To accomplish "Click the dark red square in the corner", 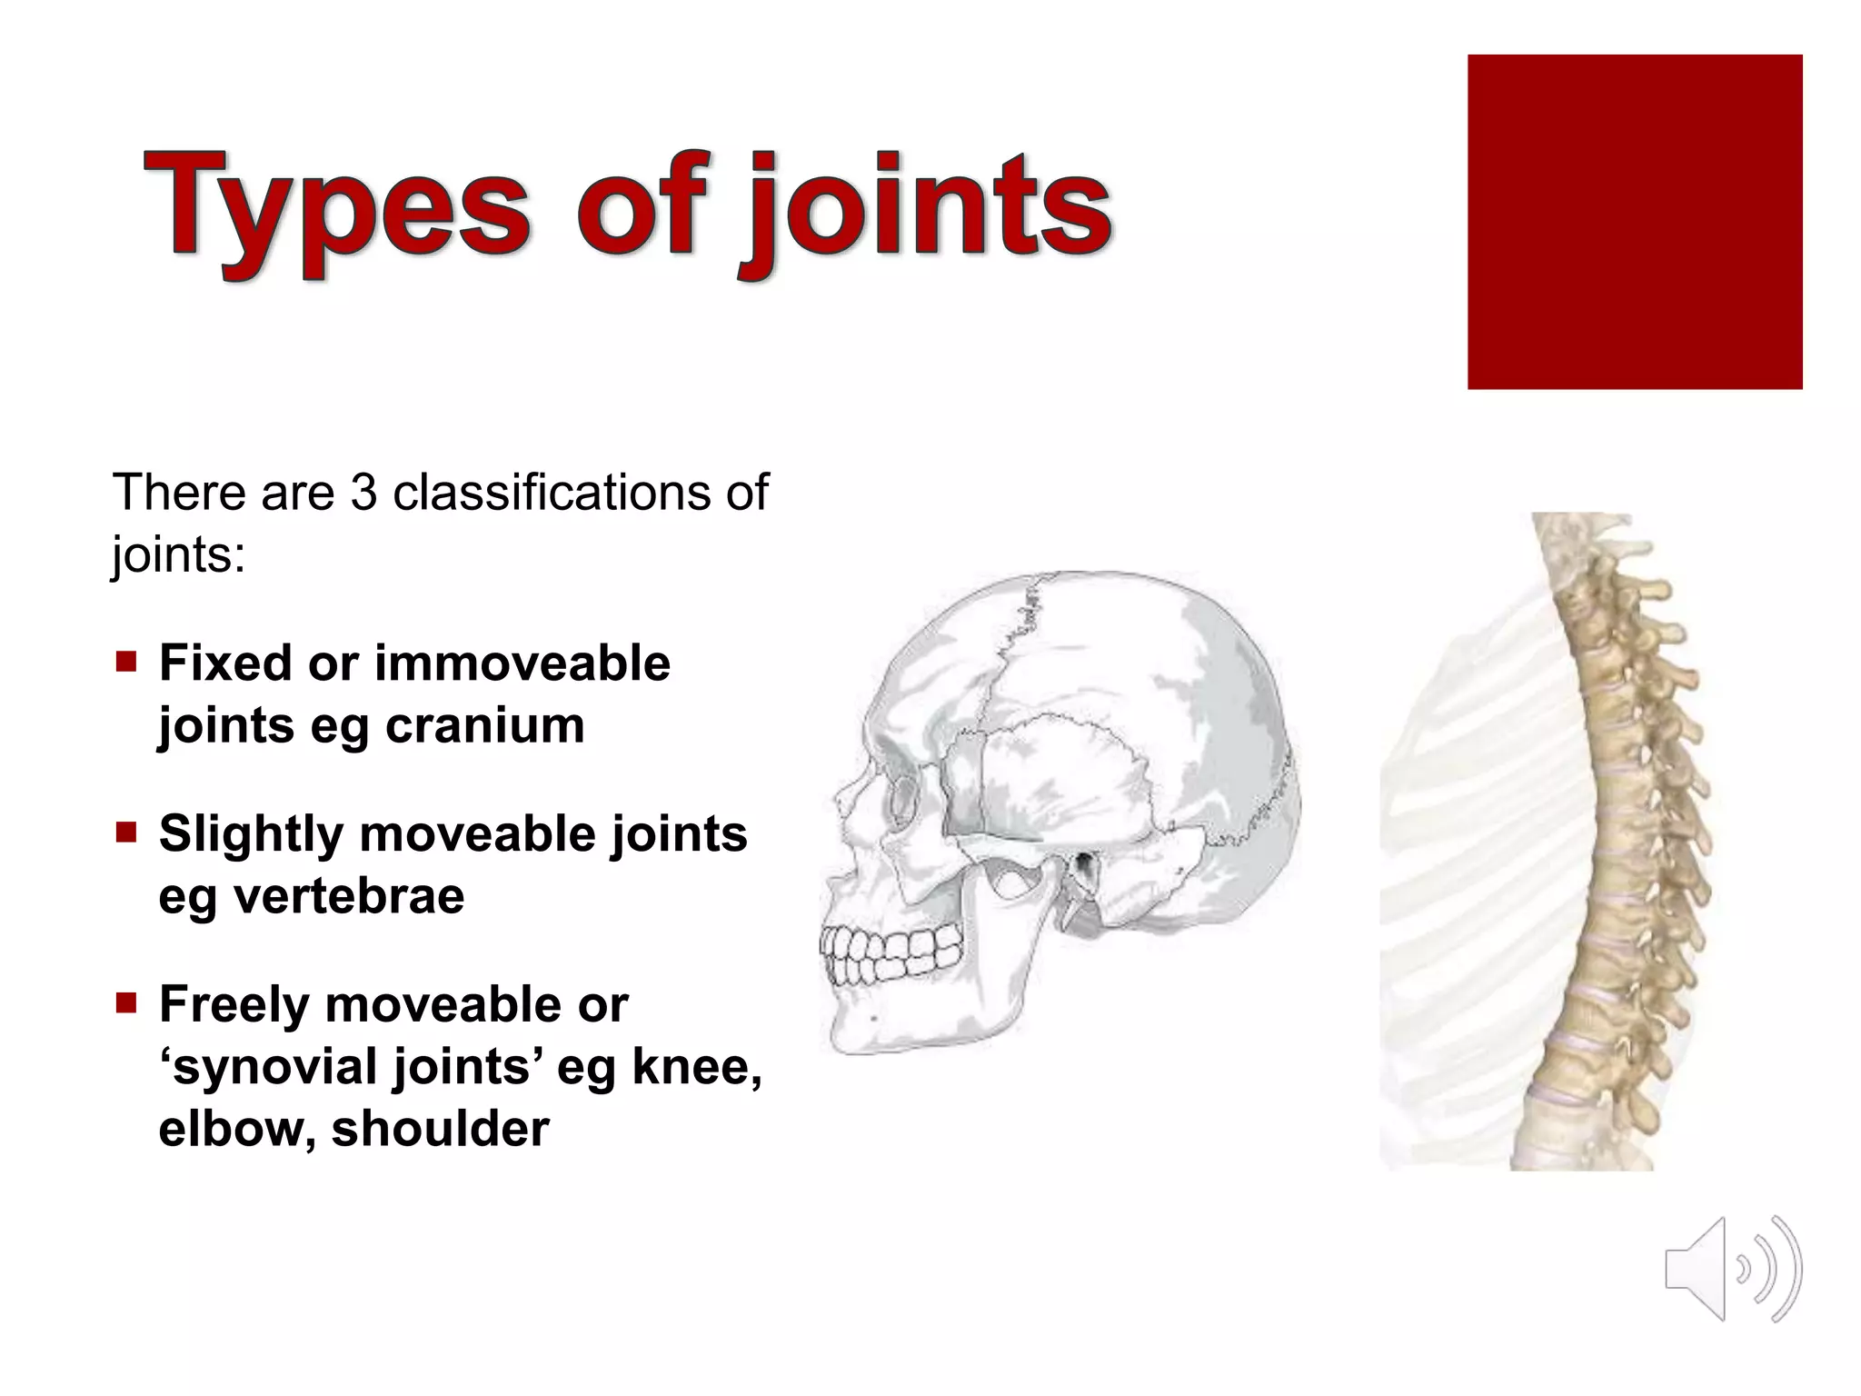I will pyautogui.click(x=1634, y=222).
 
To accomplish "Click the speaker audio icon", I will pyautogui.click(x=1732, y=1269).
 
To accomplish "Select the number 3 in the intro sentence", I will pyautogui.click(x=363, y=493).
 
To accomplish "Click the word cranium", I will pyautogui.click(x=484, y=725).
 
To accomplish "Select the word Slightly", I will pyautogui.click(x=251, y=833).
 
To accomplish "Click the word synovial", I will pyautogui.click(x=273, y=1066).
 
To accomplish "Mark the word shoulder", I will pyautogui.click(x=440, y=1129).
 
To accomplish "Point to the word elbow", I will pyautogui.click(x=234, y=1129).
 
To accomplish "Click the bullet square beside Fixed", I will pyautogui.click(x=125, y=661).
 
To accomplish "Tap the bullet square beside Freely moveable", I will pyautogui.click(x=125, y=1002).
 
